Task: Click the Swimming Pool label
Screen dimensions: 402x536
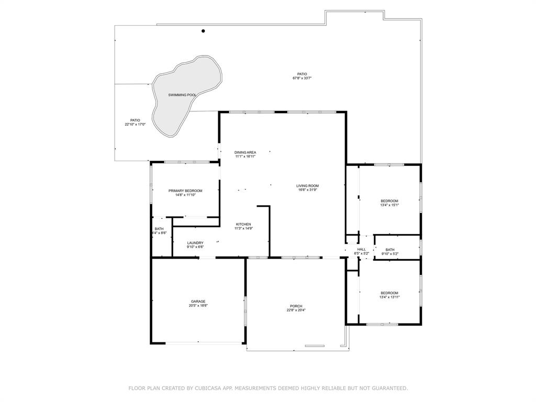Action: (x=182, y=95)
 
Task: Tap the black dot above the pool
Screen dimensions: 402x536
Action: (x=203, y=31)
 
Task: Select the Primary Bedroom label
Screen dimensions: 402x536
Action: (x=185, y=191)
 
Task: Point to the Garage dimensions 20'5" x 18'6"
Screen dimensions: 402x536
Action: (x=198, y=306)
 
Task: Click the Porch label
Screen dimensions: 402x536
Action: (x=296, y=306)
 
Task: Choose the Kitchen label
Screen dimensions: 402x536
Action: (x=243, y=224)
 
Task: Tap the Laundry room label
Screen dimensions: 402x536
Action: (x=195, y=243)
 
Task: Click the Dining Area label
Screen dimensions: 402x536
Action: (x=245, y=152)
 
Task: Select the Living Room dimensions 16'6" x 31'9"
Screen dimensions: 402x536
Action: (x=307, y=190)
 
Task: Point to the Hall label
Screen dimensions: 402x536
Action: (x=362, y=249)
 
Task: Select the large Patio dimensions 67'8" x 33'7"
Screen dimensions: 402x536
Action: (x=302, y=79)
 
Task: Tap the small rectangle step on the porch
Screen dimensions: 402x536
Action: (x=315, y=345)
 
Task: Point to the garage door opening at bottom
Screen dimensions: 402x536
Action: (x=198, y=343)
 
